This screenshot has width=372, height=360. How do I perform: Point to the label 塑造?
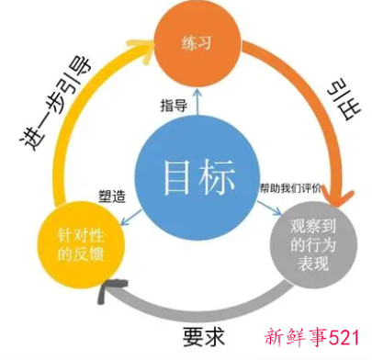point(112,196)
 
